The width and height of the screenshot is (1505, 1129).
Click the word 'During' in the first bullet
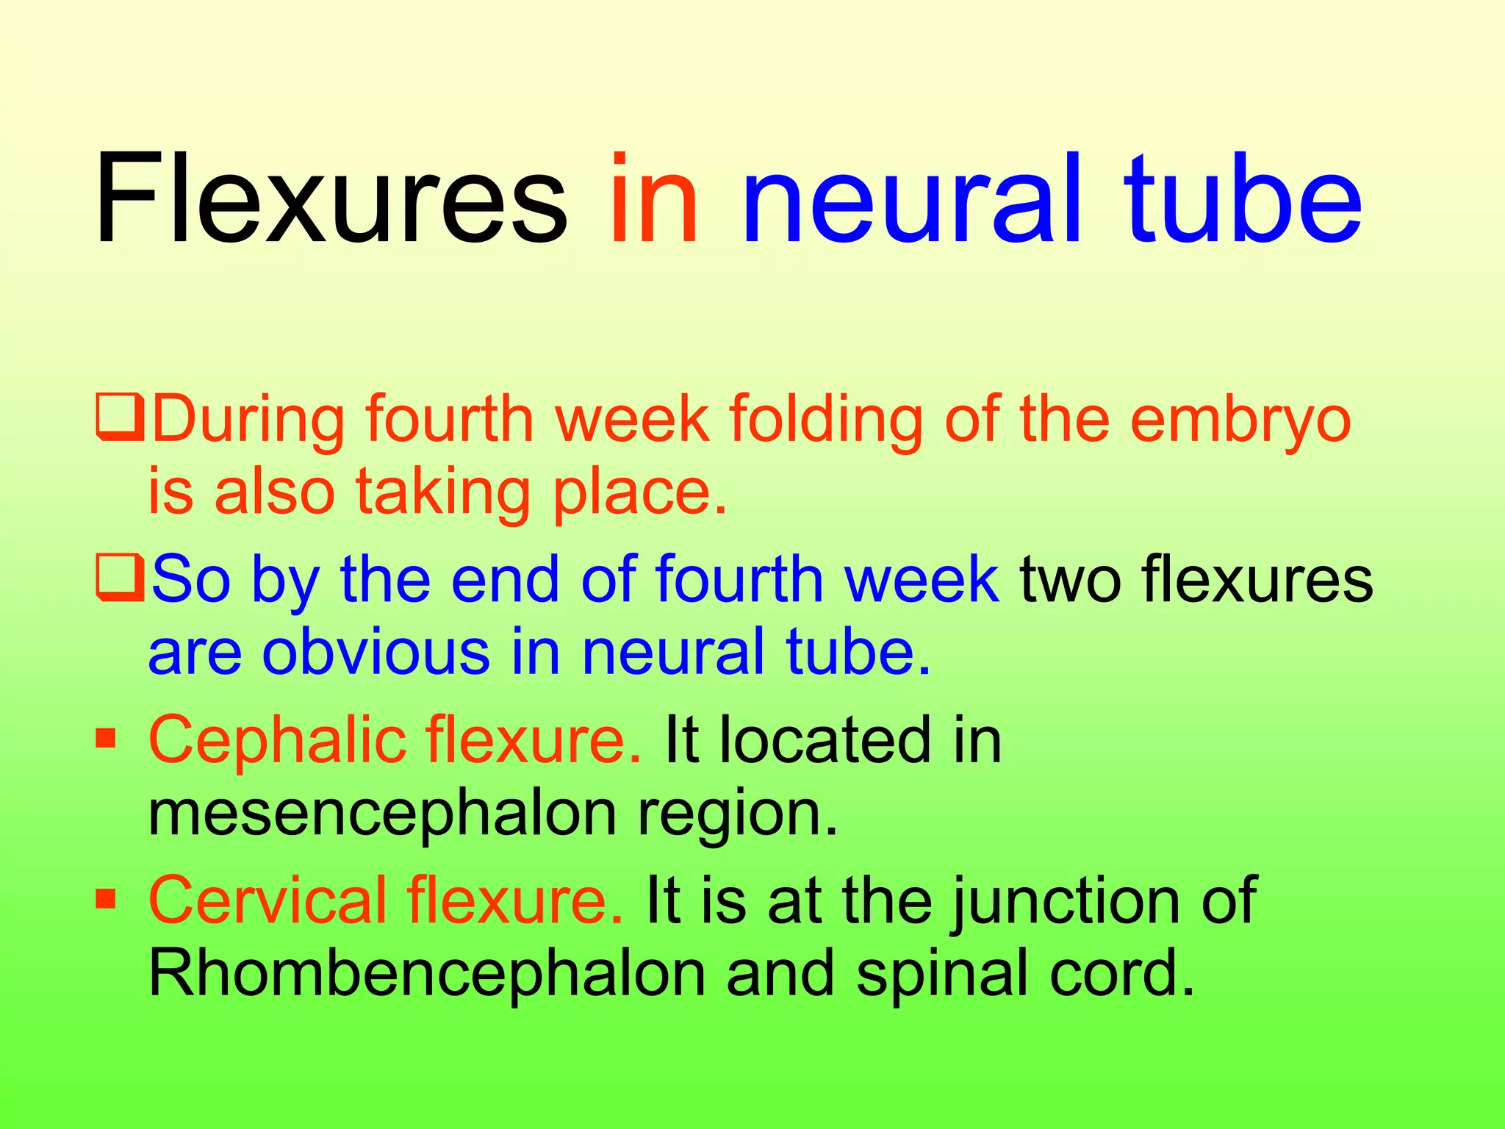click(248, 420)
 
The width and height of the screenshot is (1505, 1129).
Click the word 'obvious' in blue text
click(376, 653)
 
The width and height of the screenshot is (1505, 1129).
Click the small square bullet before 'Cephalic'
click(107, 737)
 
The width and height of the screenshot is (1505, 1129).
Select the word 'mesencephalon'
click(382, 814)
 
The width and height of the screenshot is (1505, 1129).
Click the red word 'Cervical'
click(267, 900)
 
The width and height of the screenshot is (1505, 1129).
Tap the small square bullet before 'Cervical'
click(107, 897)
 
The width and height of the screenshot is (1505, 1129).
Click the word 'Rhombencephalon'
click(426, 973)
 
